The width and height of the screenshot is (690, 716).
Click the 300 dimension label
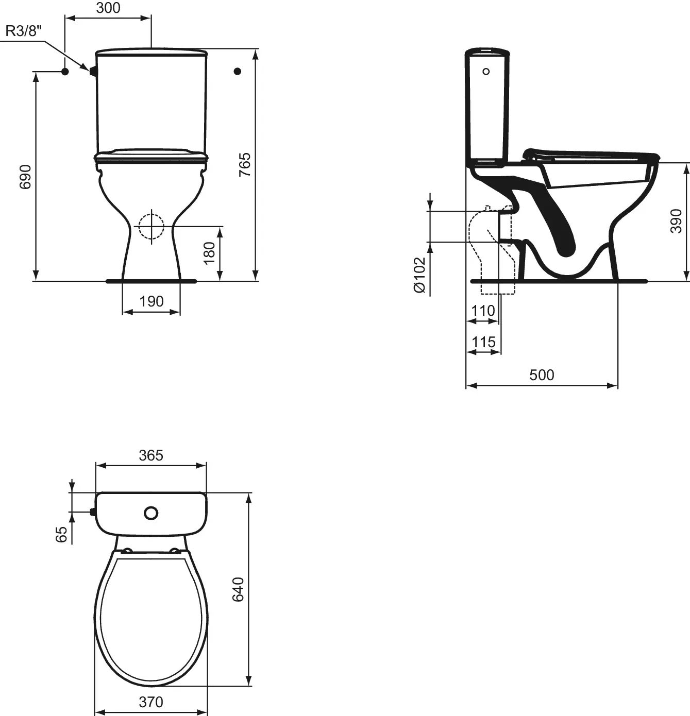(108, 8)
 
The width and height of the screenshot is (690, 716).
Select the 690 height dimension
(26, 177)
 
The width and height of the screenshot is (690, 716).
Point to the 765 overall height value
(245, 165)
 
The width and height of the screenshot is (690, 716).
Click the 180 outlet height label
(209, 253)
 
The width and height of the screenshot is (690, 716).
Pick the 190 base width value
(151, 301)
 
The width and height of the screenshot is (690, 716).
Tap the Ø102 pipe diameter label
(420, 275)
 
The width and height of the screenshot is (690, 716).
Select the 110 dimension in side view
(483, 311)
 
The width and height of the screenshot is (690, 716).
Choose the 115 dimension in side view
(483, 342)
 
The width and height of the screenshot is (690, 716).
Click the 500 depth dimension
(542, 375)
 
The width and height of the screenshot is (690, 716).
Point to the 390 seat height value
(676, 221)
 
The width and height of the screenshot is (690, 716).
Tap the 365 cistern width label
(151, 455)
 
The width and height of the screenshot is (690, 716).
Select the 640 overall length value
(238, 589)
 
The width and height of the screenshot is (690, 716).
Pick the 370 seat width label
(151, 702)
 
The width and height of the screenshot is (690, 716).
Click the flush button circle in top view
(151, 513)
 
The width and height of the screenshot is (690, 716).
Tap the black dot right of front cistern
(238, 71)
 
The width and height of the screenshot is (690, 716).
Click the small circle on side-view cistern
(486, 72)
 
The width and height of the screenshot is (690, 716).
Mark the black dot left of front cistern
(65, 72)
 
